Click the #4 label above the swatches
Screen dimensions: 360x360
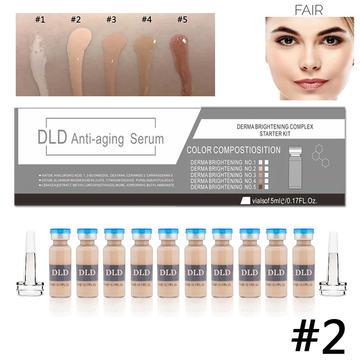click(x=147, y=20)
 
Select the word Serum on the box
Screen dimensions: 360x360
click(x=147, y=138)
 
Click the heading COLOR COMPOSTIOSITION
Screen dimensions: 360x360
click(x=233, y=150)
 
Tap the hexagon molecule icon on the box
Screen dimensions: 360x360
click(x=321, y=155)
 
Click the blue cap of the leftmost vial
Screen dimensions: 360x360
click(x=60, y=232)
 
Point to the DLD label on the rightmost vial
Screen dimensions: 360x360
click(x=304, y=272)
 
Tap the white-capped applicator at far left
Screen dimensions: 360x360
click(x=30, y=265)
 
